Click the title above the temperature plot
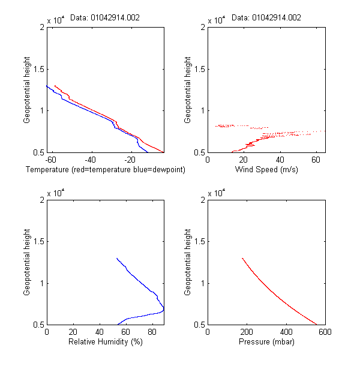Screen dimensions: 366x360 (x=105, y=18)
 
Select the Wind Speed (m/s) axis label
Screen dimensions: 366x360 (x=266, y=170)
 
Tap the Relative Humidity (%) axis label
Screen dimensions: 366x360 (x=105, y=343)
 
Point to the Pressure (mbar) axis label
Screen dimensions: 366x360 (x=266, y=343)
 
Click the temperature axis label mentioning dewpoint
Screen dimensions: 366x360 (x=105, y=170)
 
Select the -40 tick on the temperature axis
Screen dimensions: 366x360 (x=90, y=160)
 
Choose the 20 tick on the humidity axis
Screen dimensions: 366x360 (x=73, y=332)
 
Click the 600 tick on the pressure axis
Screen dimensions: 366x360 (x=325, y=332)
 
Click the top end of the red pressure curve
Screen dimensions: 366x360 (x=242, y=258)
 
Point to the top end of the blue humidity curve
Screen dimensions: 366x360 (x=116, y=258)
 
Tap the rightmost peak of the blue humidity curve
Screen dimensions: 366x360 (x=163, y=309)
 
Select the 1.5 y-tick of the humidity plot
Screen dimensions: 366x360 (x=37, y=241)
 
